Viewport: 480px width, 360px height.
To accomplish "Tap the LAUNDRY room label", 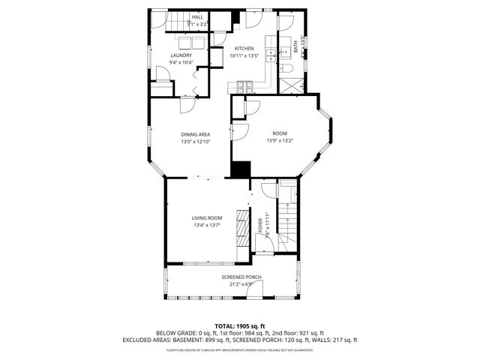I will [x=181, y=55].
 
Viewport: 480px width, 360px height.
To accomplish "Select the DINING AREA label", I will [x=195, y=134].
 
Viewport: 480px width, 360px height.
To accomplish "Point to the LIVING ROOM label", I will [x=208, y=217].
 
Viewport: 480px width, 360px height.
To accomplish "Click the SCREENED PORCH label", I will [x=241, y=277].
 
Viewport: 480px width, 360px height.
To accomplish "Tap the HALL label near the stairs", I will [x=197, y=16].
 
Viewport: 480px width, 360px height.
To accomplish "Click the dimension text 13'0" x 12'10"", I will [x=195, y=142].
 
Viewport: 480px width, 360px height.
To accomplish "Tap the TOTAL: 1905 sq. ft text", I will [x=240, y=325].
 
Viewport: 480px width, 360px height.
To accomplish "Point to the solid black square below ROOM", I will [x=240, y=169].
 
